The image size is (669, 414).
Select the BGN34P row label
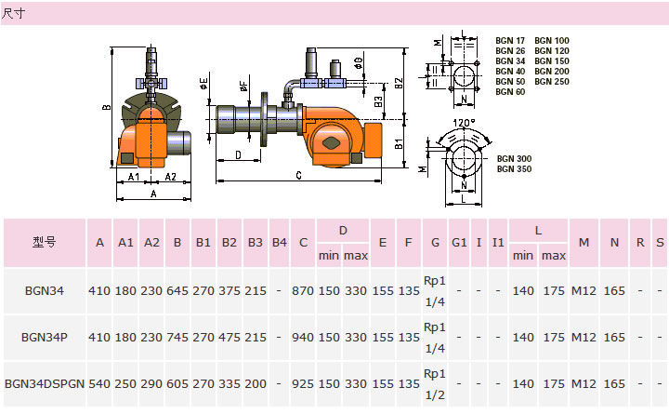pos(45,338)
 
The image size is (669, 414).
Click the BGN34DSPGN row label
pos(45,382)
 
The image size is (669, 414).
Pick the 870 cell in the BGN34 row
pos(302,291)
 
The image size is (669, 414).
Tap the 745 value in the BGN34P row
pos(177,338)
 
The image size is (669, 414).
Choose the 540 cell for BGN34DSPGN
pos(99,382)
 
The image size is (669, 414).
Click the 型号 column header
pos(45,242)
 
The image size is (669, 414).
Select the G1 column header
pos(458,242)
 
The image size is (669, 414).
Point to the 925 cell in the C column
pos(302,382)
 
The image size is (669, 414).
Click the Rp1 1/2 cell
pos(435,382)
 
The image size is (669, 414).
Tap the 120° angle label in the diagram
pos(465,123)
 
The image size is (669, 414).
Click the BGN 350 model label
pos(514,169)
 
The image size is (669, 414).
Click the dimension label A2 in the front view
pos(171,176)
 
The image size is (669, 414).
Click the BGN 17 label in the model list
pos(511,40)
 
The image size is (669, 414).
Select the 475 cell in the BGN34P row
pos(230,338)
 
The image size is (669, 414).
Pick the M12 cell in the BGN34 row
pos(584,291)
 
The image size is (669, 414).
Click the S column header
pos(659,242)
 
